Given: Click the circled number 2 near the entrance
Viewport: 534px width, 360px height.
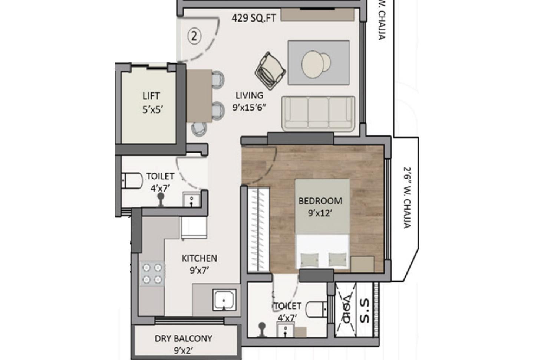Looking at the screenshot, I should coord(194,36).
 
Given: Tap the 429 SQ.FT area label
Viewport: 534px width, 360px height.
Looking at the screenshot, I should coord(254,18).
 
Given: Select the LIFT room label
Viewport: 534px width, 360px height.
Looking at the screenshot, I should coord(151,96).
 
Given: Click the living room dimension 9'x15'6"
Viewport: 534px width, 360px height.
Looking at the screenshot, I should coord(249,108).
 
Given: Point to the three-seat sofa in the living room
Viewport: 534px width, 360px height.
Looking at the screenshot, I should coord(318,114).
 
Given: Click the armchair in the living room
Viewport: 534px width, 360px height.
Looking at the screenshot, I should coord(271,69).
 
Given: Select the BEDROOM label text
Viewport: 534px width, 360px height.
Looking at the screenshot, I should coord(320,201).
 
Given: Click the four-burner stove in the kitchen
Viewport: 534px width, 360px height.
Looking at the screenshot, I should coord(152,273).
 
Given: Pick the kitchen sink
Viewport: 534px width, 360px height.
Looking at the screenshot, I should coord(224,300).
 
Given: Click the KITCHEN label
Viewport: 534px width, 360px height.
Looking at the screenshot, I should coord(199,258).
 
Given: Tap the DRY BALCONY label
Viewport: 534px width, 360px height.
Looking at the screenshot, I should coord(183,338).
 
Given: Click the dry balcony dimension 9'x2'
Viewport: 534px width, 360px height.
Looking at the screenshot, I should coord(183,350).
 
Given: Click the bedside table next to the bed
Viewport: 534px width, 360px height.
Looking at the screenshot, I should coord(362,264).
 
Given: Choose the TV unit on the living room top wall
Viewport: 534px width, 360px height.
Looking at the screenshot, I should coord(317,14).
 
